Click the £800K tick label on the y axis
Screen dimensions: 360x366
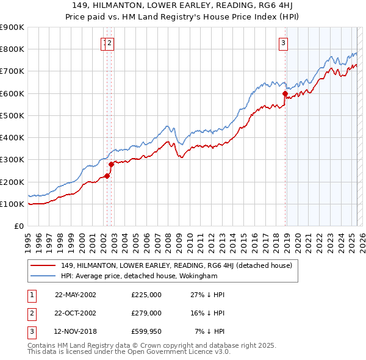pyautogui.click(x=12, y=49)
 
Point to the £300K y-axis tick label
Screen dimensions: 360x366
pyautogui.click(x=12, y=160)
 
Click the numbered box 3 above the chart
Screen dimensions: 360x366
pyautogui.click(x=284, y=43)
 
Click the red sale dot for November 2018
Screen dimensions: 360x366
pyautogui.click(x=285, y=93)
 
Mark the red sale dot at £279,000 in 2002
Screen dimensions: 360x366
pyautogui.click(x=112, y=164)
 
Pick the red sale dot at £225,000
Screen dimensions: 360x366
pyautogui.click(x=107, y=176)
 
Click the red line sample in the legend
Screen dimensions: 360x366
pyautogui.click(x=43, y=265)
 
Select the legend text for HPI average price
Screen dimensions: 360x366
pyautogui.click(x=139, y=276)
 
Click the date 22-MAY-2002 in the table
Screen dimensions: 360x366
pyautogui.click(x=76, y=294)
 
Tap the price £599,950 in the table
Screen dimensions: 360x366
pyautogui.click(x=146, y=331)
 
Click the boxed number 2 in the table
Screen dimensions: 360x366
pyautogui.click(x=31, y=312)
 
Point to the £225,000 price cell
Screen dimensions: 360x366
pyautogui.click(x=146, y=294)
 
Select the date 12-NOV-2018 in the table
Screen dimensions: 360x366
pyautogui.click(x=76, y=331)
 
